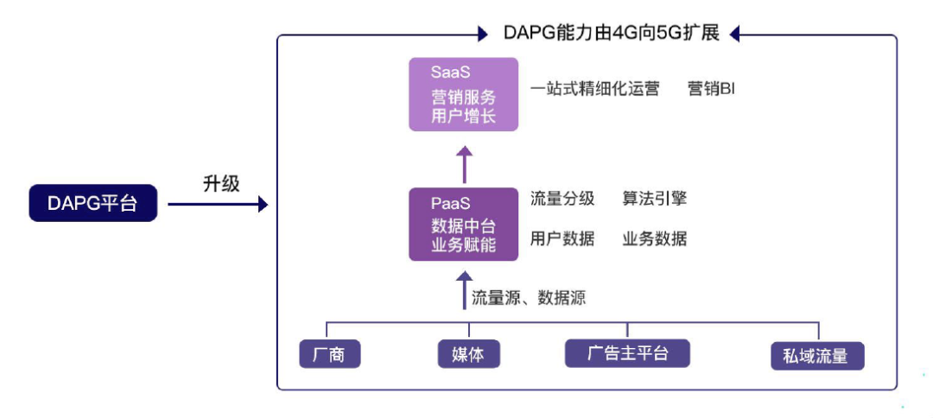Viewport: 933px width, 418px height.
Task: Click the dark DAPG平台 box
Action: [93, 205]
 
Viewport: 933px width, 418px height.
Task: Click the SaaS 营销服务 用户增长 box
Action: [463, 94]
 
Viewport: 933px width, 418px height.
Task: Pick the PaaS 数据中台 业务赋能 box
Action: [463, 224]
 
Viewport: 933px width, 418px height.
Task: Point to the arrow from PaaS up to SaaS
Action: [465, 164]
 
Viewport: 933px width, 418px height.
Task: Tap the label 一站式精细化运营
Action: [594, 89]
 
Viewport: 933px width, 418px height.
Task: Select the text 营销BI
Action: [711, 89]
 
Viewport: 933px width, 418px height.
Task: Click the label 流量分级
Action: [562, 199]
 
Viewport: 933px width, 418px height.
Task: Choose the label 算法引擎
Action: [655, 199]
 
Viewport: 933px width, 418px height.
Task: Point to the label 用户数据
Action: [562, 239]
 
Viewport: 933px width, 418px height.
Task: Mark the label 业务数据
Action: [655, 239]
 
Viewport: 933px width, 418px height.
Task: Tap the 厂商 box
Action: [330, 355]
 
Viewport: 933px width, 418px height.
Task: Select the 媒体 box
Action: [468, 355]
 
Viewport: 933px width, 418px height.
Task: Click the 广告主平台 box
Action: [627, 353]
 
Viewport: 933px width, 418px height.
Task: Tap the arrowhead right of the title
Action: [737, 35]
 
